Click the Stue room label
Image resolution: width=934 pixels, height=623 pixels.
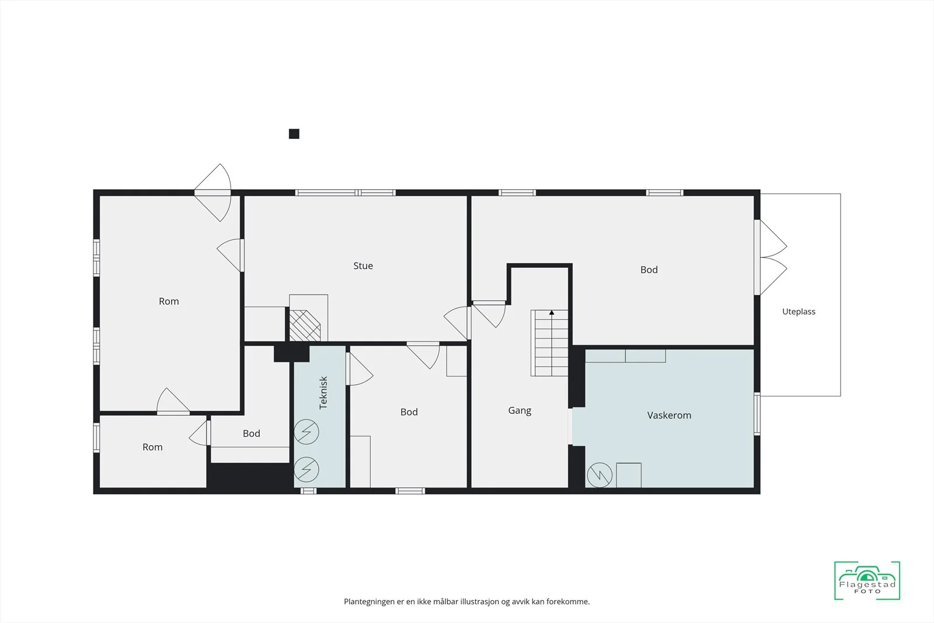click(363, 266)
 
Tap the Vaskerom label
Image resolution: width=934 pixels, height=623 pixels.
click(669, 415)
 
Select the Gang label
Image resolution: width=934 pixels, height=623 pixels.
click(520, 410)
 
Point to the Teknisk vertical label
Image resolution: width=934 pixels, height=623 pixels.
click(323, 393)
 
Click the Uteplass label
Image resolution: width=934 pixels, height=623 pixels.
click(799, 312)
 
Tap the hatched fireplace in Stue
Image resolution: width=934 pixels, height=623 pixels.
click(305, 325)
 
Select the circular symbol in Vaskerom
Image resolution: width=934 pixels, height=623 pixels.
click(600, 475)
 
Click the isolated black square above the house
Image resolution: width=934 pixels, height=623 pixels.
click(294, 134)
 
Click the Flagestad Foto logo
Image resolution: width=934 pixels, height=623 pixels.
click(867, 580)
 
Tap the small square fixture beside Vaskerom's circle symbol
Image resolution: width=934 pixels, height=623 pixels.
click(629, 475)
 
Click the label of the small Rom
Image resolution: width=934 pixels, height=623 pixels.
click(152, 447)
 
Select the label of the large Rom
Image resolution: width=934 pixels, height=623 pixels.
click(169, 301)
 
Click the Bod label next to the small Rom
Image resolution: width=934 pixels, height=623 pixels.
click(252, 433)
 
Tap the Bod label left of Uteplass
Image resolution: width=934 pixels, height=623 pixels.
click(649, 270)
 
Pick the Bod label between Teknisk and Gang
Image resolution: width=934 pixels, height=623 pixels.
click(409, 412)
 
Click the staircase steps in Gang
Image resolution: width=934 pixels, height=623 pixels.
click(549, 343)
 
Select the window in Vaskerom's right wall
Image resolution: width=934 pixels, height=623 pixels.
click(757, 414)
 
